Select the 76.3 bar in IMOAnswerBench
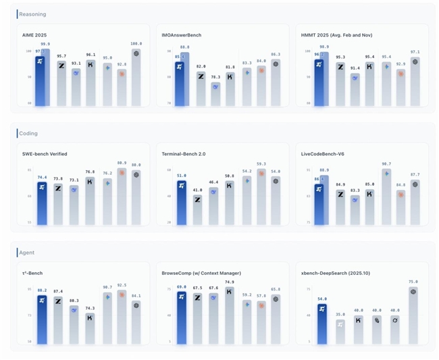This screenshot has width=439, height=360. [215, 95]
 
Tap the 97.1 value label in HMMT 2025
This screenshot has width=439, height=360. [415, 51]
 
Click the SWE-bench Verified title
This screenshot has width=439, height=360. [45, 154]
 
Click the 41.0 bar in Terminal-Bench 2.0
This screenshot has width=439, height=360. [197, 209]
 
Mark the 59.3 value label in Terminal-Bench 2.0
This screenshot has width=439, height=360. [261, 163]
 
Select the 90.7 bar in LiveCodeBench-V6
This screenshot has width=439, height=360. [386, 196]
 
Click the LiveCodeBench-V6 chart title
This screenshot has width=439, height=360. [324, 154]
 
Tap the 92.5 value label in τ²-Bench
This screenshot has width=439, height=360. [122, 285]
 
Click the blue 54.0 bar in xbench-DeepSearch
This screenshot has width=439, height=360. [323, 324]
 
